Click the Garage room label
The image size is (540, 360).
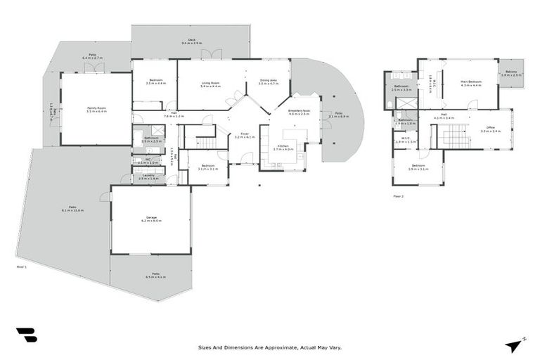tap(150, 219)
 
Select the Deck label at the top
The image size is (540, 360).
tap(191, 41)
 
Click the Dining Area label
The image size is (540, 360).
tap(269, 82)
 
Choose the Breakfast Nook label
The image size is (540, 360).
tap(299, 112)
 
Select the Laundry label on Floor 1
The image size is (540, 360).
tap(148, 176)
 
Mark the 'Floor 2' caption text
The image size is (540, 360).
tap(398, 196)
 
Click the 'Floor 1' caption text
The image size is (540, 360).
tap(21, 266)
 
